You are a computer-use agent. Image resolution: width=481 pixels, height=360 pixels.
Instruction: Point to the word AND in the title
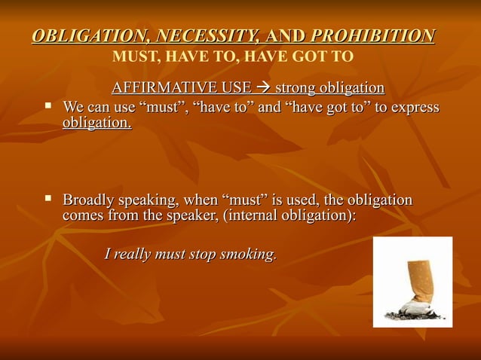[284, 35]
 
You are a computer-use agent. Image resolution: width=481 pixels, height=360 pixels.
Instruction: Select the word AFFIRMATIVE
[159, 89]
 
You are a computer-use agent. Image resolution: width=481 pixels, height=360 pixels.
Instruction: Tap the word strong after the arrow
[295, 89]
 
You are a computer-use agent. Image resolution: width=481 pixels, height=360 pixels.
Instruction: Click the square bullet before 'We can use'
[47, 106]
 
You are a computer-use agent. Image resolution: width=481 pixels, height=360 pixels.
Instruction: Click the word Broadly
[89, 200]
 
